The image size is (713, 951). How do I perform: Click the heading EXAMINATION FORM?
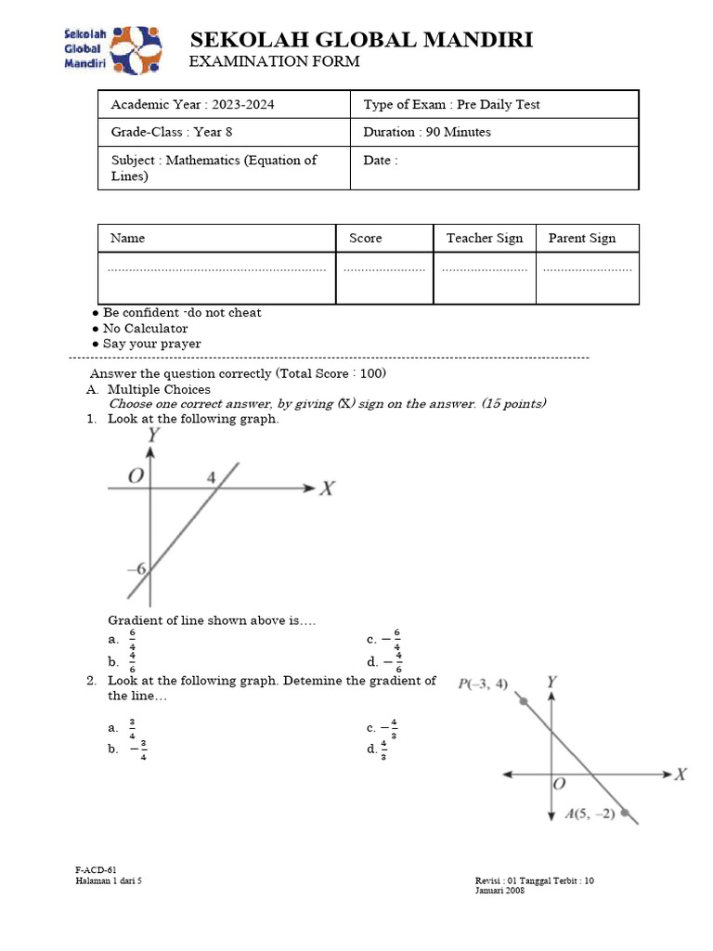pyautogui.click(x=274, y=61)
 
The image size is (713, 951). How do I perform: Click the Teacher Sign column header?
pyautogui.click(x=485, y=238)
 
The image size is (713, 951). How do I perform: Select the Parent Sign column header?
pyautogui.click(x=582, y=238)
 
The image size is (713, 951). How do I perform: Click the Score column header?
pyautogui.click(x=366, y=238)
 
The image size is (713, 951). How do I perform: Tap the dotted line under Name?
pyautogui.click(x=217, y=269)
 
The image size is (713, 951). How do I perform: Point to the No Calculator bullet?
pyautogui.click(x=145, y=328)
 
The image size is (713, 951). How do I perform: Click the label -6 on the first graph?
pyautogui.click(x=136, y=568)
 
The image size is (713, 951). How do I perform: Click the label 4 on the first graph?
pyautogui.click(x=211, y=476)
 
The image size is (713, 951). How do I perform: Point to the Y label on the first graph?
pyautogui.click(x=153, y=434)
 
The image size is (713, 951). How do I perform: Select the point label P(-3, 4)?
pyautogui.click(x=483, y=684)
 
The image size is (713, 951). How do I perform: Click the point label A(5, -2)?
pyautogui.click(x=590, y=814)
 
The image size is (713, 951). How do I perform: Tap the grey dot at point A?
pyautogui.click(x=627, y=814)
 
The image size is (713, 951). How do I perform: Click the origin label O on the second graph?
pyautogui.click(x=559, y=784)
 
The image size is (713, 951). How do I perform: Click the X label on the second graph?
pyautogui.click(x=681, y=774)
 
